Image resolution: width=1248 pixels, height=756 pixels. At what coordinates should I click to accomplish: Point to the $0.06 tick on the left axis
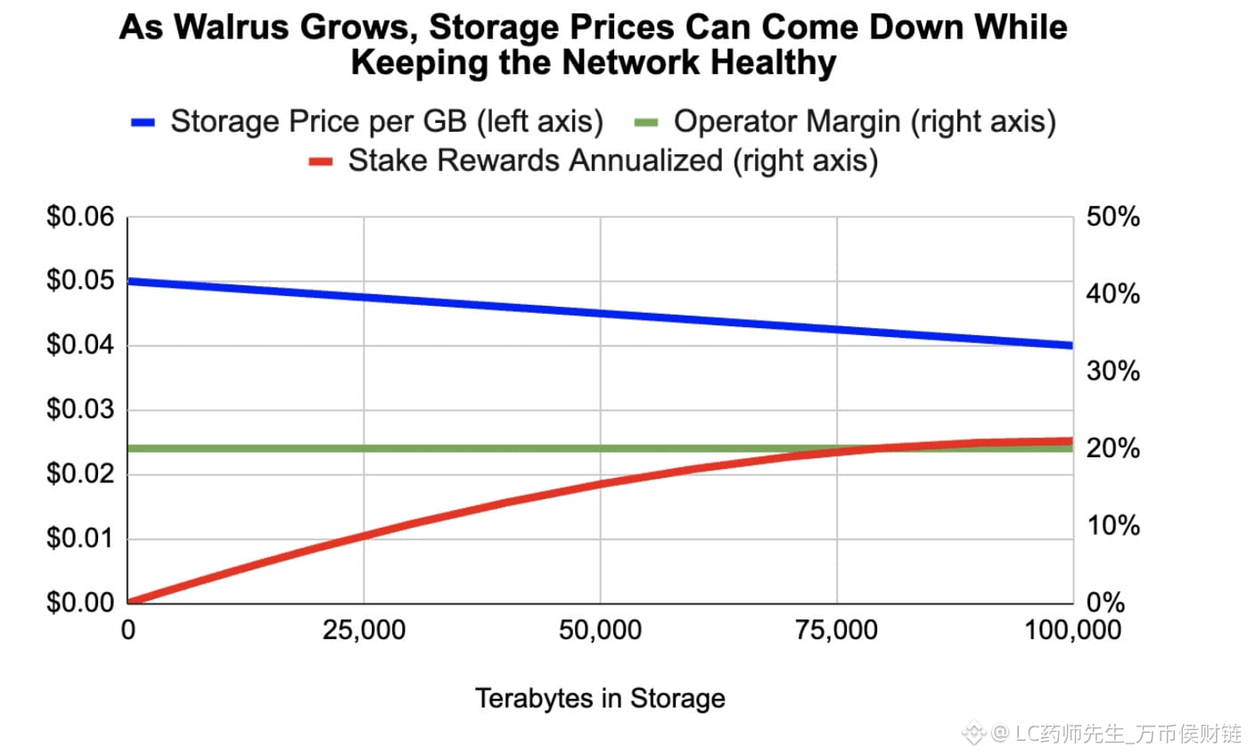[x=80, y=218]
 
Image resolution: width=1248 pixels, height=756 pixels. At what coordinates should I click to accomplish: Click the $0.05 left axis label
[x=80, y=282]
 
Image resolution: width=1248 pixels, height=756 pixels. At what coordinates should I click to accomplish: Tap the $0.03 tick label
[x=80, y=410]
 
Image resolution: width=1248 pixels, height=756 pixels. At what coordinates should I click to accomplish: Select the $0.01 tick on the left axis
[x=80, y=538]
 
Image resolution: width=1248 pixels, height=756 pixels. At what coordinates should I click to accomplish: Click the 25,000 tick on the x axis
[x=364, y=631]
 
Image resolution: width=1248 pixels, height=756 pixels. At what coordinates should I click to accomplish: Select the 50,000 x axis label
[x=600, y=631]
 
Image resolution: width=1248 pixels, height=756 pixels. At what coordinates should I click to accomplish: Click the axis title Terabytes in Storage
[x=600, y=698]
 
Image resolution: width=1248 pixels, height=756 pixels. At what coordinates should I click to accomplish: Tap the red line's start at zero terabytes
[x=130, y=602]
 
